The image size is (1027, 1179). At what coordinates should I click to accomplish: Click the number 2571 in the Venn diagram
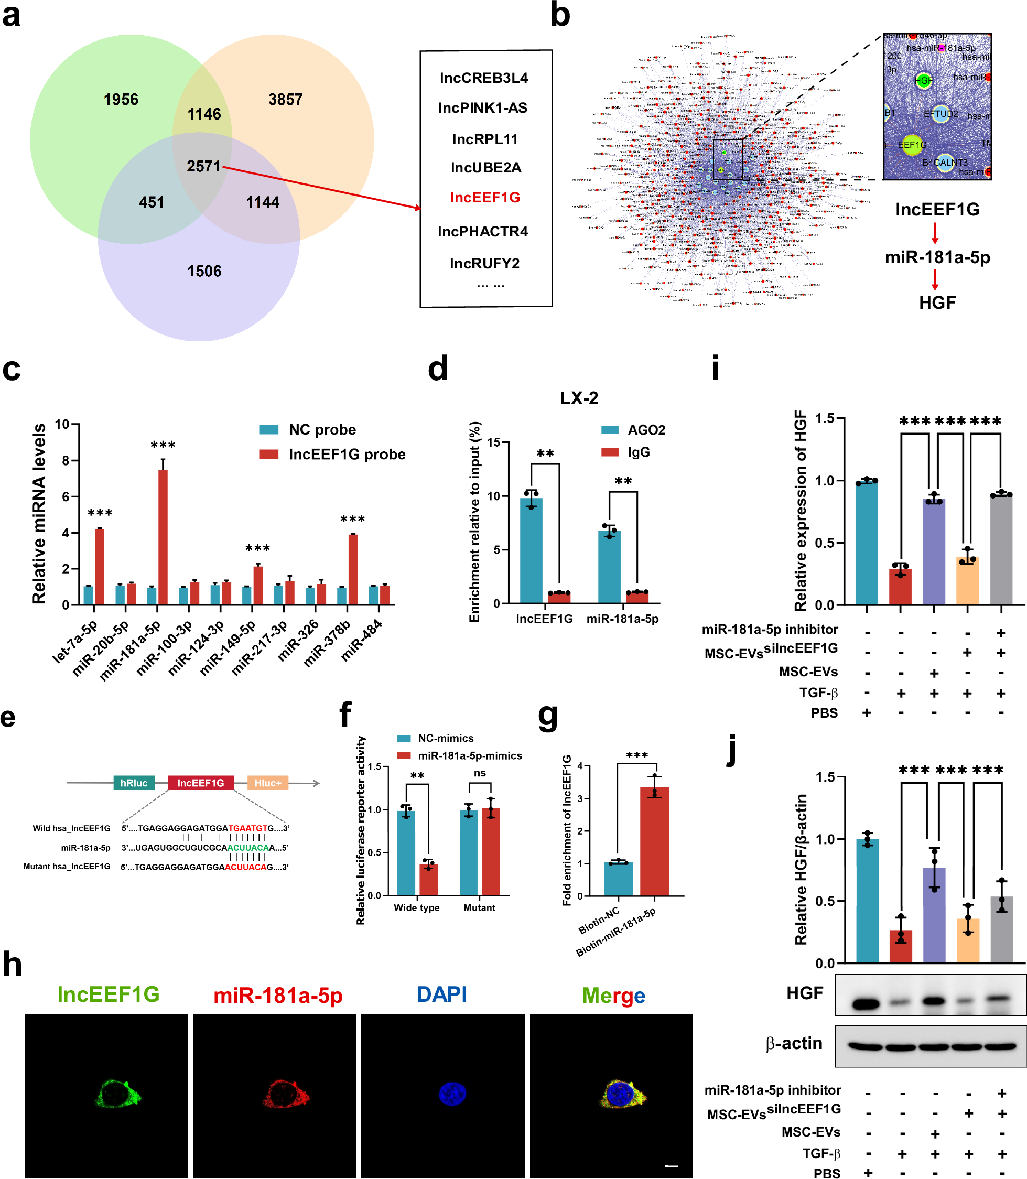[x=203, y=166]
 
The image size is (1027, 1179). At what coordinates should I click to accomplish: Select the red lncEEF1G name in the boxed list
[x=485, y=198]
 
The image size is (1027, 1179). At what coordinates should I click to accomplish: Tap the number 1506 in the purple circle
[x=204, y=271]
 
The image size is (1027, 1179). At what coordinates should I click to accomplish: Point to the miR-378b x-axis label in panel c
[x=326, y=643]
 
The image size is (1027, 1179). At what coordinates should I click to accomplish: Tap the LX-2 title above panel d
[x=579, y=398]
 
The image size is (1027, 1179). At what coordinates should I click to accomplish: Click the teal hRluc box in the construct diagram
[x=134, y=783]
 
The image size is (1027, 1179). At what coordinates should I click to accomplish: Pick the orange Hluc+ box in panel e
[x=268, y=783]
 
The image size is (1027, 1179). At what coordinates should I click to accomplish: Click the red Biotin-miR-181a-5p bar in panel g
[x=654, y=841]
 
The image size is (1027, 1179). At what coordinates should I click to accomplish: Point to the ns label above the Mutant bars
[x=480, y=773]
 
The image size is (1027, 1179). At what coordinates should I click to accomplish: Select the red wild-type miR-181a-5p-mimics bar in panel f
[x=428, y=879]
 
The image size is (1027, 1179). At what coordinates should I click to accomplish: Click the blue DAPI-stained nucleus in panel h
[x=452, y=1094]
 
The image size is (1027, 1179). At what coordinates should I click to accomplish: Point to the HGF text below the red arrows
[x=937, y=302]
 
